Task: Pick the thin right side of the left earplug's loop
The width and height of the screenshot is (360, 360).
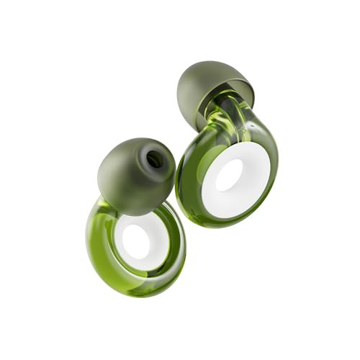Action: pos(176,238)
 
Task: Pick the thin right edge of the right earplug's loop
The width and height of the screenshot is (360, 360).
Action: pos(272,166)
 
